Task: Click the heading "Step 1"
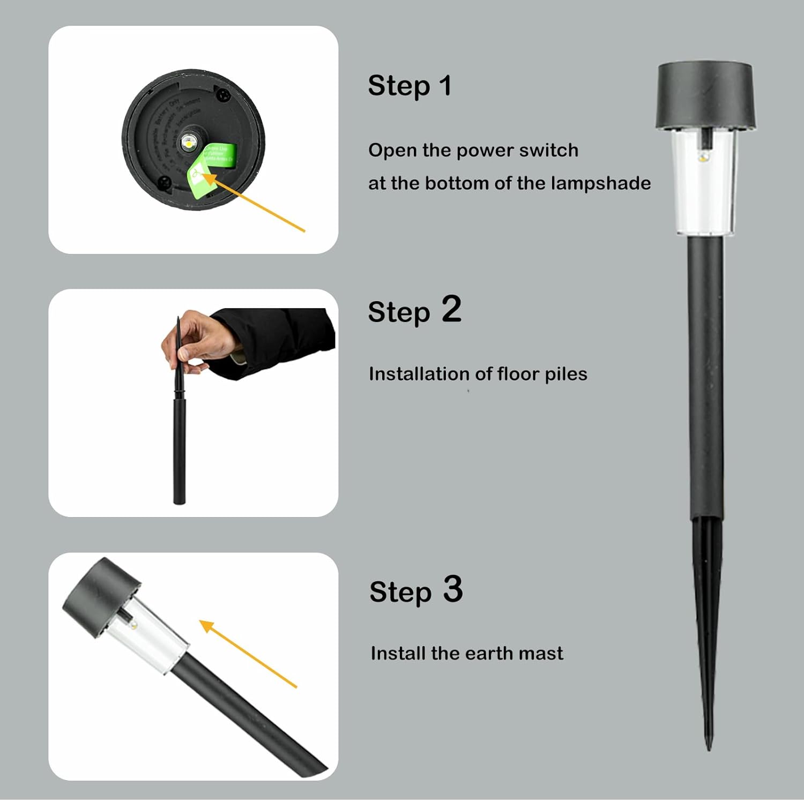coord(410,86)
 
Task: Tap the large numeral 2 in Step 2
coord(451,310)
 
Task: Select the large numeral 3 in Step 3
coord(453,589)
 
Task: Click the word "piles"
coord(566,374)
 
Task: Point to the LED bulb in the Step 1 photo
coord(188,142)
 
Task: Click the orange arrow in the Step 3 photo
coord(249,654)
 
